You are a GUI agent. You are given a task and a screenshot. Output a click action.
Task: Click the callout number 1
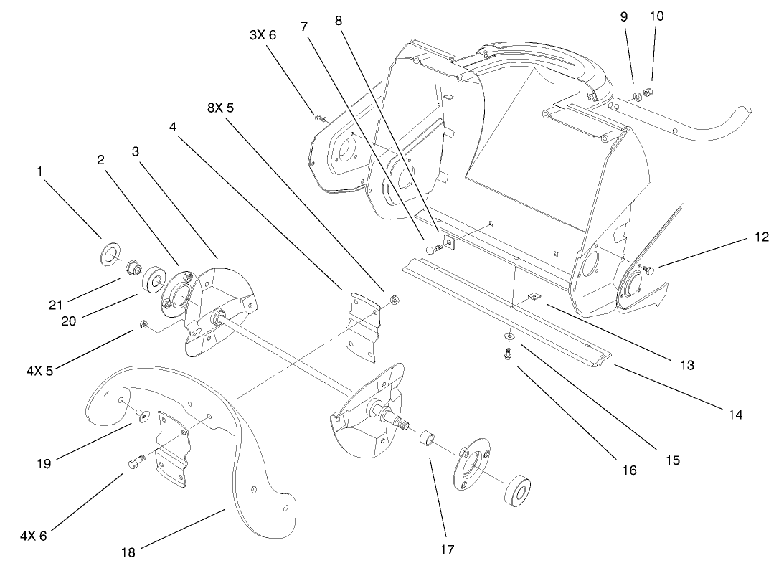(x=40, y=171)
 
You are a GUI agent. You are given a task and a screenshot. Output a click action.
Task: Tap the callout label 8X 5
(x=221, y=108)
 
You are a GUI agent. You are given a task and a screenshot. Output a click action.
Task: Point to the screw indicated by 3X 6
(x=319, y=117)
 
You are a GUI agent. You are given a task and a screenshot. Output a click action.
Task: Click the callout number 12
(x=761, y=237)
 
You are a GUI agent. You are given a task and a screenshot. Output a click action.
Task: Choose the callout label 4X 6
(x=34, y=534)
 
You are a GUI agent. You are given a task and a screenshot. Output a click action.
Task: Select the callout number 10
(x=657, y=16)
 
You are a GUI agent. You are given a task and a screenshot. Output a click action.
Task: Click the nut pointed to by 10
(x=648, y=92)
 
